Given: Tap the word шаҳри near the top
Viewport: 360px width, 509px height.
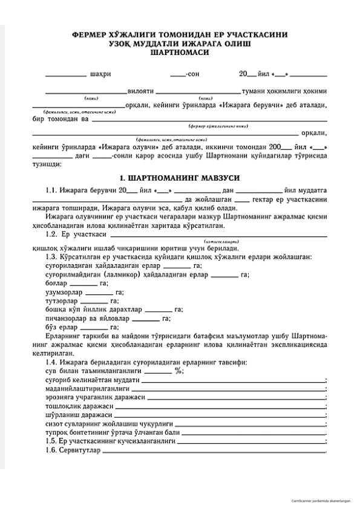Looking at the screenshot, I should point(100,74).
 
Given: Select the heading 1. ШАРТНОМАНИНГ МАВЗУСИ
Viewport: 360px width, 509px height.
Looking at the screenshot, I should point(179,178).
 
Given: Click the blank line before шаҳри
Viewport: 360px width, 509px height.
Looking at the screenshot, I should point(65,76).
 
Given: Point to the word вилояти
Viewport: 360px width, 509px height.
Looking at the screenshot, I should point(140,91).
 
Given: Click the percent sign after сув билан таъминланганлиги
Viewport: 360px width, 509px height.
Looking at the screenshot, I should point(178,371).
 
